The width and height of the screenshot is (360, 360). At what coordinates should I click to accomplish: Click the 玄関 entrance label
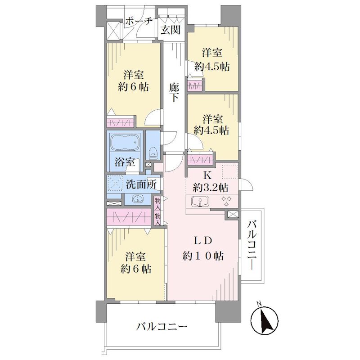coord(171,30)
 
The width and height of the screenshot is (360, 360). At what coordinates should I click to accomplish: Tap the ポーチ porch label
coord(139,22)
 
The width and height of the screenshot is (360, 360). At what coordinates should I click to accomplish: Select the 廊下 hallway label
coord(174,92)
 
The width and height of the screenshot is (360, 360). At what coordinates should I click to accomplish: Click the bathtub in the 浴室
coord(125,142)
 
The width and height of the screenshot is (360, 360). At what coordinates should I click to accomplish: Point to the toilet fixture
coord(153,153)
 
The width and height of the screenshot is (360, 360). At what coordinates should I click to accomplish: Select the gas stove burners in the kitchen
coord(226,201)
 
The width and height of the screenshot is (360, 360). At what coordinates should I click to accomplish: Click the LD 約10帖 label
coord(203,248)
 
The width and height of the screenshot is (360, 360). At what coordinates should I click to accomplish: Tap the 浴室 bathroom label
coord(125,162)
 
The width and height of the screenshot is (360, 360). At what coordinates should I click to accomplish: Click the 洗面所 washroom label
coord(141,184)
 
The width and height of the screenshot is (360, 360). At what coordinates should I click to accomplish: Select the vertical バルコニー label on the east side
coord(252,245)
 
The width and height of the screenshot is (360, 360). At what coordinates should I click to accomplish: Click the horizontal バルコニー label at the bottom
coord(162,326)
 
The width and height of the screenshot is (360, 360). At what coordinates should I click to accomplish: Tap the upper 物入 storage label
coord(157,203)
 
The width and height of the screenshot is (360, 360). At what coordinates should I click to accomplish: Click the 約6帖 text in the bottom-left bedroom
coord(136,268)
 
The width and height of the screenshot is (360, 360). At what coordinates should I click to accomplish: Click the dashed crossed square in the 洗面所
coord(116,184)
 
